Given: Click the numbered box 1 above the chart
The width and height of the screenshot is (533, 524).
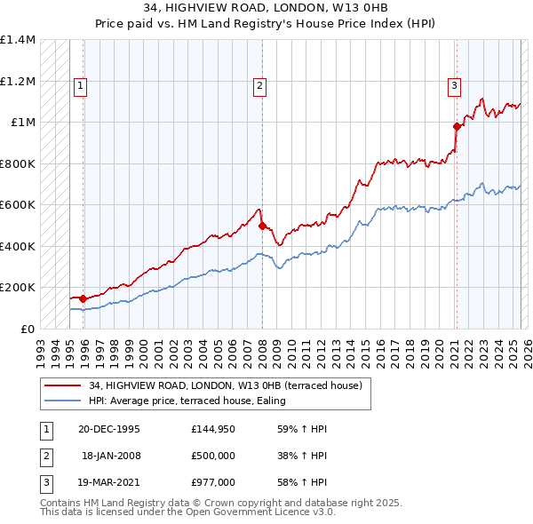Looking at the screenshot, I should [80, 86].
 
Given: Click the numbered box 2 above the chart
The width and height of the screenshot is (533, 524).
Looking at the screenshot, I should [259, 86].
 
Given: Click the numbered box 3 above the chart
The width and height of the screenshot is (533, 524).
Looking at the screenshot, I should [454, 86].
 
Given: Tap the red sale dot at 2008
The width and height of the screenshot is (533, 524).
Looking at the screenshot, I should [262, 226].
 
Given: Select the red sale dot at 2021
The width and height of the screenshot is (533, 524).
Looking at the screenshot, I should [457, 126].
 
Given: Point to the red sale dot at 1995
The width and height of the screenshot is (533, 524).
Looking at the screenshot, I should [83, 298].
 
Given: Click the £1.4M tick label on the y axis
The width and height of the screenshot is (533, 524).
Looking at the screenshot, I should [18, 40].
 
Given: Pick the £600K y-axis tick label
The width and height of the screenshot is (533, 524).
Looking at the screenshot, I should [18, 204].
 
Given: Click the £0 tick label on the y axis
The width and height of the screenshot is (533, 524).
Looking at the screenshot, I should [28, 329].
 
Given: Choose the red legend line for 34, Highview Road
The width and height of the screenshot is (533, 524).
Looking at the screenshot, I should [63, 386].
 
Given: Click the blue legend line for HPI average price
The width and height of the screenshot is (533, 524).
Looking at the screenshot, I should [63, 401].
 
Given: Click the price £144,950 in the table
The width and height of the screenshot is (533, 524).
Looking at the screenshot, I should [212, 429].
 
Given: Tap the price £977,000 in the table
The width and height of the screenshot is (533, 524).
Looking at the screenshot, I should [212, 482].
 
